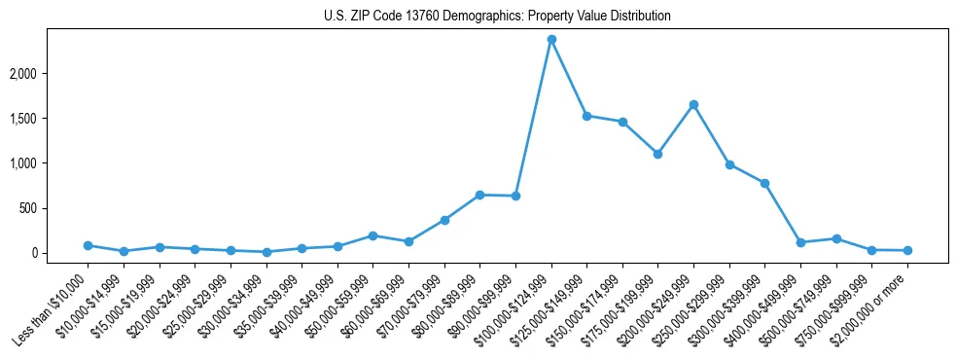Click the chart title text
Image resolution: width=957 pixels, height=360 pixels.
point(497,17)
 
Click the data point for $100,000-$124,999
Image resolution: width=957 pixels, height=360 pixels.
point(551,39)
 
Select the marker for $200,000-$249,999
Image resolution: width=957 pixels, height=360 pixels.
point(693,104)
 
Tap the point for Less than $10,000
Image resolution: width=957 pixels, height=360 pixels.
point(88,245)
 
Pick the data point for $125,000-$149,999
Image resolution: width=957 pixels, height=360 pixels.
point(586,116)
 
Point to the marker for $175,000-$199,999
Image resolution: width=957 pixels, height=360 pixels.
point(657,154)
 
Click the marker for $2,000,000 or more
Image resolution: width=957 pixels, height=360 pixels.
point(907,250)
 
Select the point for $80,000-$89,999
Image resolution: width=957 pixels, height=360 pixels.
point(479,195)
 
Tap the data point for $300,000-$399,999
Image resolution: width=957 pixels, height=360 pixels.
point(764,183)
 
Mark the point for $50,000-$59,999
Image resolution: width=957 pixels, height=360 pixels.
point(372,235)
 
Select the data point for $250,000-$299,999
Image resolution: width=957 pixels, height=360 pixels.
point(729,164)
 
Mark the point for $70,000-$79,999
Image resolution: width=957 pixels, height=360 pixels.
point(443,220)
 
